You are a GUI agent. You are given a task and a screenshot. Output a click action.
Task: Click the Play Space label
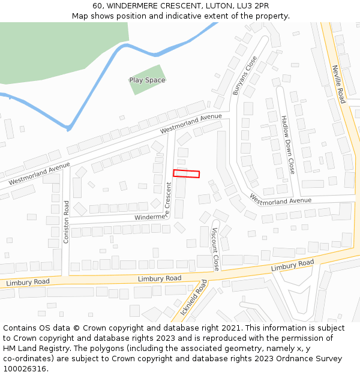147,80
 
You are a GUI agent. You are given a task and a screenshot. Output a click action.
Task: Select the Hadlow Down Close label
288,145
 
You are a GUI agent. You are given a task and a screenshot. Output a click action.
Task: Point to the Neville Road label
339,84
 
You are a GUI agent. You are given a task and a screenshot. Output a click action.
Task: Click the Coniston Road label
67,221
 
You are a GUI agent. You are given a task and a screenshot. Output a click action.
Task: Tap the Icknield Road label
193,297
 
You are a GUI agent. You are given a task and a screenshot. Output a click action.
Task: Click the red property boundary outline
187,173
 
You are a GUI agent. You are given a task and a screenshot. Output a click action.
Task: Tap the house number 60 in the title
98,6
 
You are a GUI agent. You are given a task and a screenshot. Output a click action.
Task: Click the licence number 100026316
25,369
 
